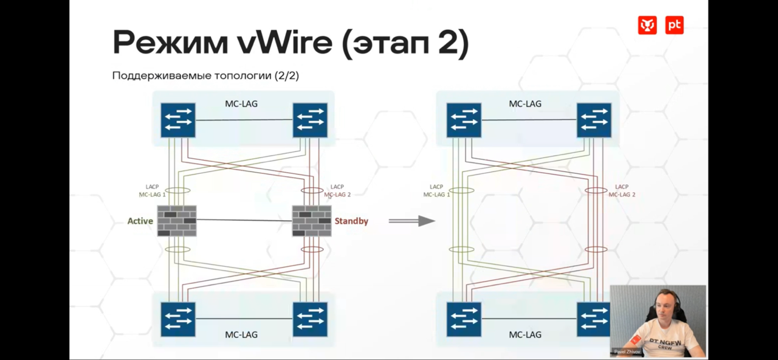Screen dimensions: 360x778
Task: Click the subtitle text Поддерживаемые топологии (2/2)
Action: tap(205, 76)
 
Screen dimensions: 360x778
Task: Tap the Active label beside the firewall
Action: tap(140, 221)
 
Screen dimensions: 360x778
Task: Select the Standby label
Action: tap(351, 221)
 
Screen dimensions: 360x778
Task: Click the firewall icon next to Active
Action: tap(177, 221)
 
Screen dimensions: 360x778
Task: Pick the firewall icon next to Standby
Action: tap(312, 221)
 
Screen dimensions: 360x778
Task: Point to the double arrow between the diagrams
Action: tap(411, 221)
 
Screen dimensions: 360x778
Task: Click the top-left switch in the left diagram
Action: tap(178, 120)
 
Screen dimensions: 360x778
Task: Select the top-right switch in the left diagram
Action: tap(310, 120)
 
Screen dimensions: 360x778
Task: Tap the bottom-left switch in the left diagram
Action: tap(178, 319)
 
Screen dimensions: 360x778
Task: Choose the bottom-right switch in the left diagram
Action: tap(310, 319)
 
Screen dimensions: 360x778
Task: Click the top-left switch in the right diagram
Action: tap(464, 120)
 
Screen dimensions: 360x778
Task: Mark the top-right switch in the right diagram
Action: tap(594, 120)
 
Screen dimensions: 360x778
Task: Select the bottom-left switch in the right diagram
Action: tap(464, 319)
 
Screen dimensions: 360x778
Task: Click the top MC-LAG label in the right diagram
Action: tap(525, 104)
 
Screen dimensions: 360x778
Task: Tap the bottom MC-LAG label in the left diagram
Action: tap(241, 334)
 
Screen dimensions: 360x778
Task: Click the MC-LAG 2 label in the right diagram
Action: tap(622, 195)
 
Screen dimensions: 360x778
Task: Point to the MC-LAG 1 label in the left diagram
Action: tap(152, 195)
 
